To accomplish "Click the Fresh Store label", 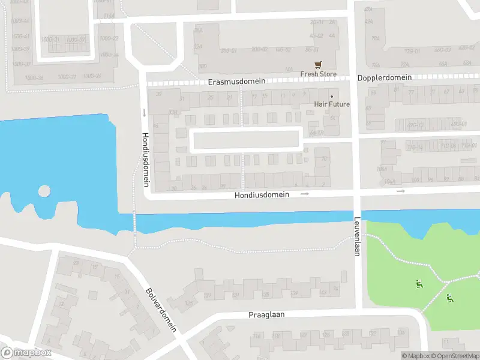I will tap(319, 74).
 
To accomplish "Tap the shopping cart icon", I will tap(318, 65).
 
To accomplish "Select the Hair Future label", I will tap(332, 104).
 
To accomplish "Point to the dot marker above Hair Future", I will tap(331, 96).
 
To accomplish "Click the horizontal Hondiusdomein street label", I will tap(262, 194).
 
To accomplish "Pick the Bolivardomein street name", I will tap(161, 310).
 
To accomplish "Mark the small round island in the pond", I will tap(44, 191).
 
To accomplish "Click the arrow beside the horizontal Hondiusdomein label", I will tap(305, 194).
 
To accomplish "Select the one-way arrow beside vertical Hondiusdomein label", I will tap(144, 112).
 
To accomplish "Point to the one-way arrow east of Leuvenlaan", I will tap(401, 191).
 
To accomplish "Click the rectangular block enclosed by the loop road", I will tap(246, 140).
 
